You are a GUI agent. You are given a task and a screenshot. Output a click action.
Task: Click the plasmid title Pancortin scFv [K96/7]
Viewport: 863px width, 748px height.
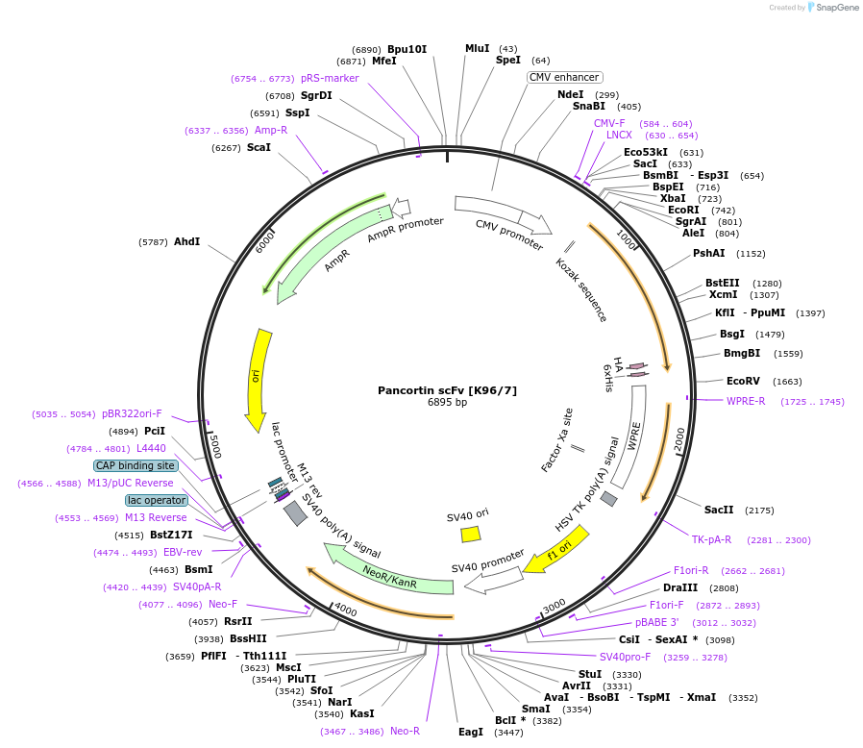point(447,390)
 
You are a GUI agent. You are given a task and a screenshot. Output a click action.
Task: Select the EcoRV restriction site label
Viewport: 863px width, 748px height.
point(743,381)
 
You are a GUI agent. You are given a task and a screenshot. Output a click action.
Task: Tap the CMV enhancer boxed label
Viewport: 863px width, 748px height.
point(564,77)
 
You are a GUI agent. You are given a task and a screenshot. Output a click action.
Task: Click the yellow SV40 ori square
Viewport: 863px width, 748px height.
point(470,533)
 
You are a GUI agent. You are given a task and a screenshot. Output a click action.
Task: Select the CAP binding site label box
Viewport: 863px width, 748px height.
point(135,465)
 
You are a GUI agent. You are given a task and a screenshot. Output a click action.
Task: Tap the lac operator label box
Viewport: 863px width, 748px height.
point(156,500)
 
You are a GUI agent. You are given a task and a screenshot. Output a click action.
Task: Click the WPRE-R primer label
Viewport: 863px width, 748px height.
point(745,401)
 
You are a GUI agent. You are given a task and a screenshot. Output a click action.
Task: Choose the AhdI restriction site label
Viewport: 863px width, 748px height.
point(186,241)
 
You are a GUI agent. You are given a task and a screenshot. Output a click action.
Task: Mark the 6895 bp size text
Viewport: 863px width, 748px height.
point(447,403)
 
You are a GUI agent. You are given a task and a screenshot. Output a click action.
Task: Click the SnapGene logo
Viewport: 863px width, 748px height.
point(833,8)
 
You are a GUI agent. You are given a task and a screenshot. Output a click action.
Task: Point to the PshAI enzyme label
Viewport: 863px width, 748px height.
point(708,253)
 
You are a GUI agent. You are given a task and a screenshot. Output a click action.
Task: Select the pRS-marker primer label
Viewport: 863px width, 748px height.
point(329,78)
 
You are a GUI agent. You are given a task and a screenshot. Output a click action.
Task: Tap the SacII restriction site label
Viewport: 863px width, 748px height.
point(718,510)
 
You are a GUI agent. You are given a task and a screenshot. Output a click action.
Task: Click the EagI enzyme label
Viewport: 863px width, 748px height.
point(470,732)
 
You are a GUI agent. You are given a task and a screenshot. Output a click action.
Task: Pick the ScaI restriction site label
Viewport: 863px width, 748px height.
point(259,147)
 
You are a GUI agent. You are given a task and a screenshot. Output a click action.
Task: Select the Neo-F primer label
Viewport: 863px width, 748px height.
point(222,604)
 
